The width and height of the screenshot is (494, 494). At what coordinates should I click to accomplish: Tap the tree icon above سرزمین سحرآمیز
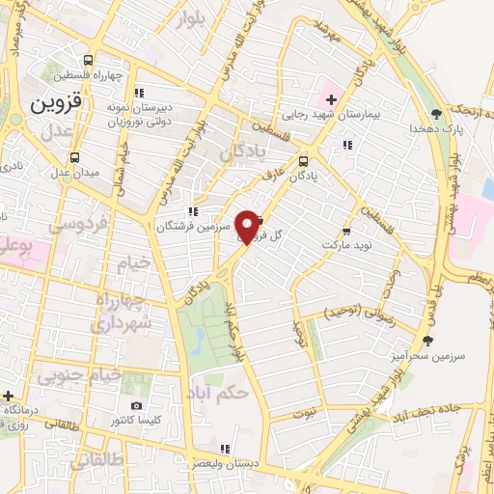428,340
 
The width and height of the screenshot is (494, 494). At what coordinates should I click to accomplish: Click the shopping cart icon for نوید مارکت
346,232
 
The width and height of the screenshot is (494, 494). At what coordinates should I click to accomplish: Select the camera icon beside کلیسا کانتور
137,405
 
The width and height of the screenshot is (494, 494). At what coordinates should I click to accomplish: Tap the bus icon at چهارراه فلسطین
89,59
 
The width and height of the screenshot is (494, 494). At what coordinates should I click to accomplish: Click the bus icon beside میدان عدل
74,157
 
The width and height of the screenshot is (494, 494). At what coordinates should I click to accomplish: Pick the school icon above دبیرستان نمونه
140,94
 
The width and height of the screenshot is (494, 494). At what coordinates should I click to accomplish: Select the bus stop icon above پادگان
304,161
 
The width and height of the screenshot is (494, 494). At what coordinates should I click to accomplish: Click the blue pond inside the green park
198,339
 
